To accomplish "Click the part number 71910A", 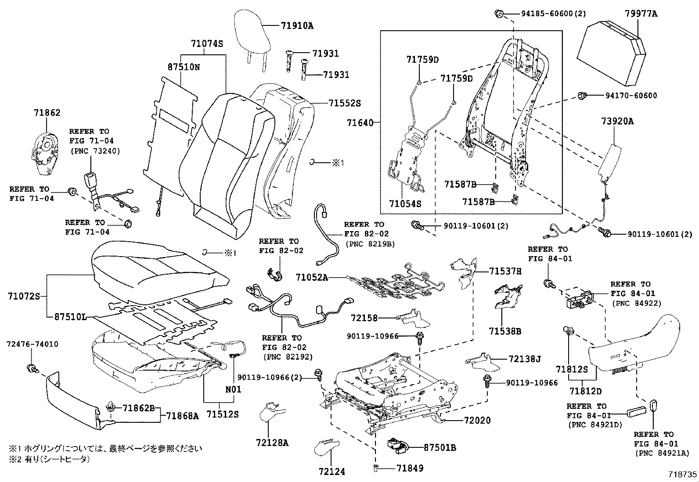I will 297,26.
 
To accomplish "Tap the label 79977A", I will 641,14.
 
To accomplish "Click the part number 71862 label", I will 47,113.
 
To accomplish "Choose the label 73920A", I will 617,121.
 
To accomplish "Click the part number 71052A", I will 311,277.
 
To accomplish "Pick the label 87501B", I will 440,448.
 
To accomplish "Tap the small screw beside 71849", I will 375,469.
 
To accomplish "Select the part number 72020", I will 477,420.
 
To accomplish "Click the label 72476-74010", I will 32,344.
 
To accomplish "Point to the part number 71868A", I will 182,415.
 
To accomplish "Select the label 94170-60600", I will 631,96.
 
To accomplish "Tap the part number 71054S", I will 405,204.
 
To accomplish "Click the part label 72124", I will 332,472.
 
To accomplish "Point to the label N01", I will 233,389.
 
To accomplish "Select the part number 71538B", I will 506,332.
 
